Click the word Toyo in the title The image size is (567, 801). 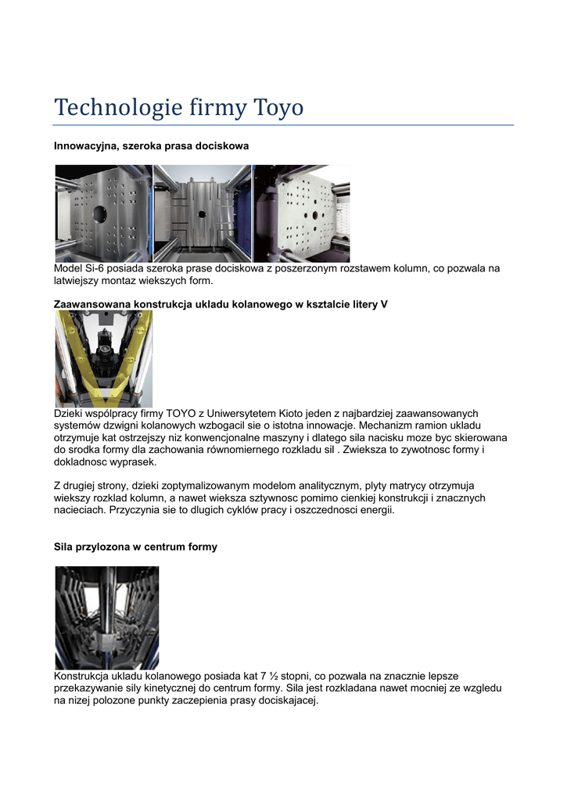coord(278,107)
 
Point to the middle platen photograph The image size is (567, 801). coord(203,213)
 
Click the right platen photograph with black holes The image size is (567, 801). coord(301,213)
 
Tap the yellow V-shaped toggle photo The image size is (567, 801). coord(103,358)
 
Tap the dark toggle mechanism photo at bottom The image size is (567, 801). coord(107,617)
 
